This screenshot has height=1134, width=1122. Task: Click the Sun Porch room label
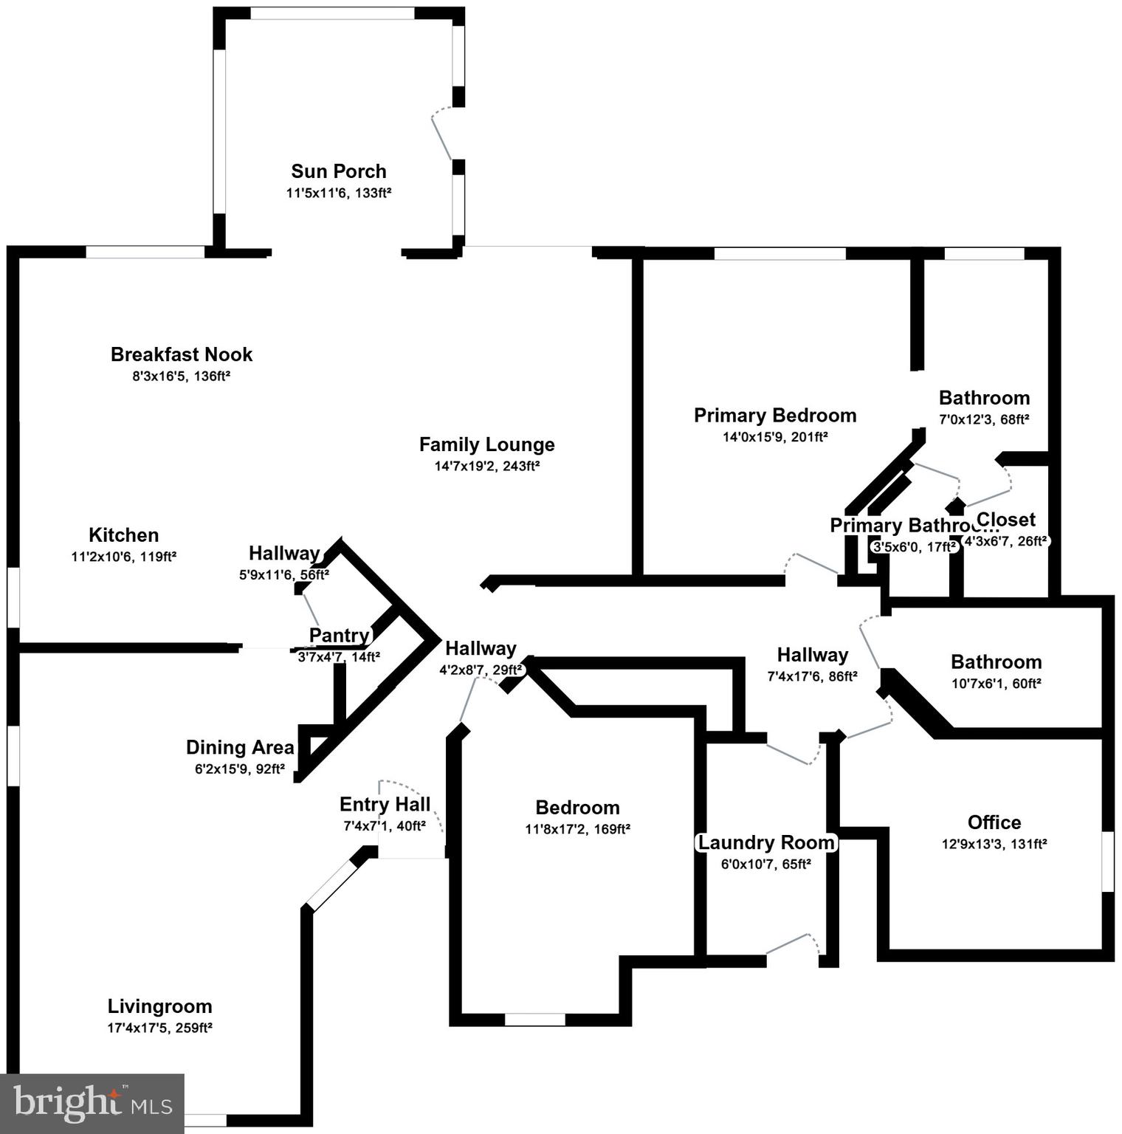[x=339, y=171]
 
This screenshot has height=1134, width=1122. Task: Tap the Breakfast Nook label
[x=182, y=354]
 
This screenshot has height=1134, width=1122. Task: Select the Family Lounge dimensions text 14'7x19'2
[x=486, y=466]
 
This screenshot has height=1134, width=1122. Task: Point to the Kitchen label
[x=123, y=535]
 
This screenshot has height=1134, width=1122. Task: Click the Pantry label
[x=339, y=636]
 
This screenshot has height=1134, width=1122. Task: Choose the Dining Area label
[x=240, y=748]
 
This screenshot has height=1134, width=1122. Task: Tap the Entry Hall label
[x=385, y=804]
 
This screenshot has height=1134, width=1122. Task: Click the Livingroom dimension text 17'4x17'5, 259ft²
[x=160, y=1028]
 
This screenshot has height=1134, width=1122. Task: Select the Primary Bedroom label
[x=775, y=416]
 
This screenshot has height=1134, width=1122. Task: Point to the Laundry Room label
[x=766, y=842]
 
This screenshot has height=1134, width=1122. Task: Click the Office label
[x=994, y=822]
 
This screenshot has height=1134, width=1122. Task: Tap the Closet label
[x=1006, y=520]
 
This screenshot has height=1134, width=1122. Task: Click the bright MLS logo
[x=92, y=1103]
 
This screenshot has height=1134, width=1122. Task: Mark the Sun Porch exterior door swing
[x=441, y=133]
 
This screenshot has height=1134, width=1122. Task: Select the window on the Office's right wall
[x=1107, y=862]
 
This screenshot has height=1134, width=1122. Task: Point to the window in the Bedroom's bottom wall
[x=534, y=1020]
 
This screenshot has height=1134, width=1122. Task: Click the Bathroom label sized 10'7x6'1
[x=996, y=661]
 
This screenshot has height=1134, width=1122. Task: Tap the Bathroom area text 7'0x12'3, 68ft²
[x=984, y=419]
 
